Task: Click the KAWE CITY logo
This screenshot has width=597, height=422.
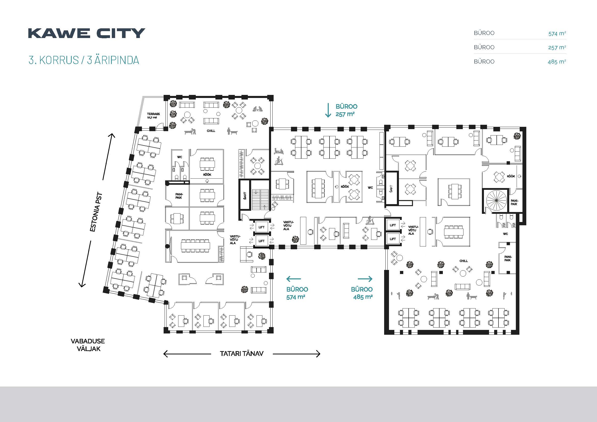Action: coord(86,33)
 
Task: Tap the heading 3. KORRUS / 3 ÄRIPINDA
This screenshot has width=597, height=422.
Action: coord(84,60)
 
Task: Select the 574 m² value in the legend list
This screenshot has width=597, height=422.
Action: coord(557,33)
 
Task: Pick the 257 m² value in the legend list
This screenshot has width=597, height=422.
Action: coord(557,47)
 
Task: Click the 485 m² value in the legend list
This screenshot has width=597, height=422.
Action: coord(557,61)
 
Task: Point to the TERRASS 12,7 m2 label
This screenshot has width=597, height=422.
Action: coord(153,116)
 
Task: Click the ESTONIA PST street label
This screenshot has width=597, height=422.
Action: coord(96,212)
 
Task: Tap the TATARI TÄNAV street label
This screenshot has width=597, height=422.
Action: coord(241,353)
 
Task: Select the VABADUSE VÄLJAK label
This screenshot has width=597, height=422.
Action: coord(88,345)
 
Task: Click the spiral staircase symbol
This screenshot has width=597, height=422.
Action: coord(496,200)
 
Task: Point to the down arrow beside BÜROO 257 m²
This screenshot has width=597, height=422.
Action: coord(328,110)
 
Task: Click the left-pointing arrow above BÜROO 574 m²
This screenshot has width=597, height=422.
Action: coord(294,279)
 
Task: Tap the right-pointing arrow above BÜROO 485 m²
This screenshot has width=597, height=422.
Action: coord(365,279)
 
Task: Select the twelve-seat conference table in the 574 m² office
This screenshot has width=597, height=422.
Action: coord(196,246)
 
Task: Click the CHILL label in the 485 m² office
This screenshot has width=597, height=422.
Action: coord(464,261)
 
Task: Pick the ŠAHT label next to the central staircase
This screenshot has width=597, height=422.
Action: coord(245,195)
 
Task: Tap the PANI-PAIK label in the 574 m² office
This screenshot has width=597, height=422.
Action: coord(179,196)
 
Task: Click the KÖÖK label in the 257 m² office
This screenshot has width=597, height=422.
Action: coord(345,187)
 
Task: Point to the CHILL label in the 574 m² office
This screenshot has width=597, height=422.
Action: coord(211,131)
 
